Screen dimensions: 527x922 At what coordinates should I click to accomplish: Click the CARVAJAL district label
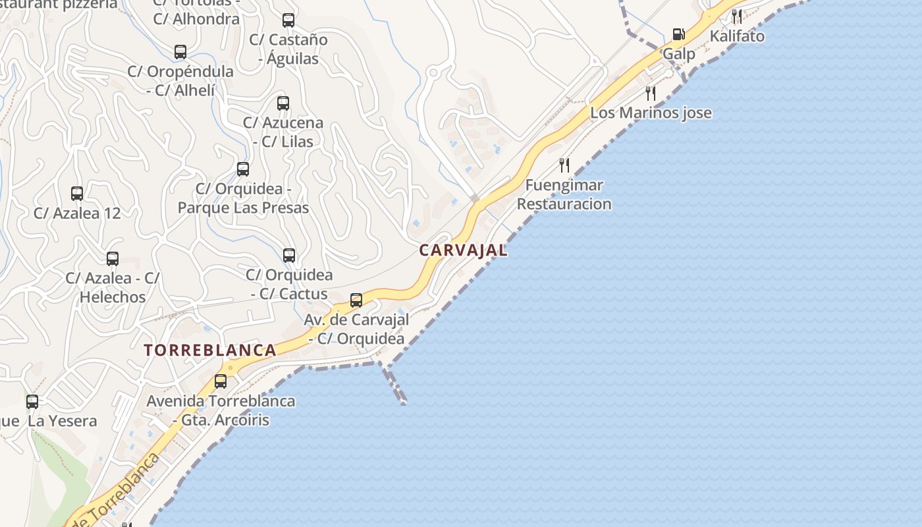[x=463, y=250]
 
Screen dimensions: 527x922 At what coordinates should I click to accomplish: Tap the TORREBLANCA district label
[x=210, y=350]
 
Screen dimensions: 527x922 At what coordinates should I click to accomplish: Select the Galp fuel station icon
[x=678, y=34]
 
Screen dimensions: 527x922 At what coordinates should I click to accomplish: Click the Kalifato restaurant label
[x=737, y=36]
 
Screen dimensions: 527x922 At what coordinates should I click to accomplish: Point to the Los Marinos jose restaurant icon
[x=651, y=93]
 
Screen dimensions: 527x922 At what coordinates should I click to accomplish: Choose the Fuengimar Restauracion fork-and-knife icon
[x=564, y=165]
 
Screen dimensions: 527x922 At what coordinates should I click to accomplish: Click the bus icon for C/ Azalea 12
[x=77, y=194]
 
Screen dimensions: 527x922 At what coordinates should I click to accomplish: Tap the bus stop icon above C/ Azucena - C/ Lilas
[x=283, y=103]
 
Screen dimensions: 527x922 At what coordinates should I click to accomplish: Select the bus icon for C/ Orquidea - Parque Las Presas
[x=243, y=169]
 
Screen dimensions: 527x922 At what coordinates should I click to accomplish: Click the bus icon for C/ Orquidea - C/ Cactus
[x=289, y=256]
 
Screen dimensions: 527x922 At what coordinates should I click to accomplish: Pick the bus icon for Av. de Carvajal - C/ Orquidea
[x=356, y=300]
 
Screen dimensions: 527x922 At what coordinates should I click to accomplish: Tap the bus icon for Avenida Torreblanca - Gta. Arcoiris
[x=221, y=381]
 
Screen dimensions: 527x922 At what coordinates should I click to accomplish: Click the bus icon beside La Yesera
[x=32, y=401]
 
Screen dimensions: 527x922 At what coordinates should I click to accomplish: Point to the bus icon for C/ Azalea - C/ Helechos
[x=113, y=259]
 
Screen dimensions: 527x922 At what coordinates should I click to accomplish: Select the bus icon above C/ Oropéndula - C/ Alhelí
[x=180, y=52]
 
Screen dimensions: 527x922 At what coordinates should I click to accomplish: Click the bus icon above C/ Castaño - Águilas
[x=288, y=20]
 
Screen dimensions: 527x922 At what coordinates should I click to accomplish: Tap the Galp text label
[x=678, y=54]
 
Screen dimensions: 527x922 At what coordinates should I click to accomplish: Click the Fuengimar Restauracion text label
[x=564, y=195]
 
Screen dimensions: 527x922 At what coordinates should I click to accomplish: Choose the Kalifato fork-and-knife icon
[x=737, y=16]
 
